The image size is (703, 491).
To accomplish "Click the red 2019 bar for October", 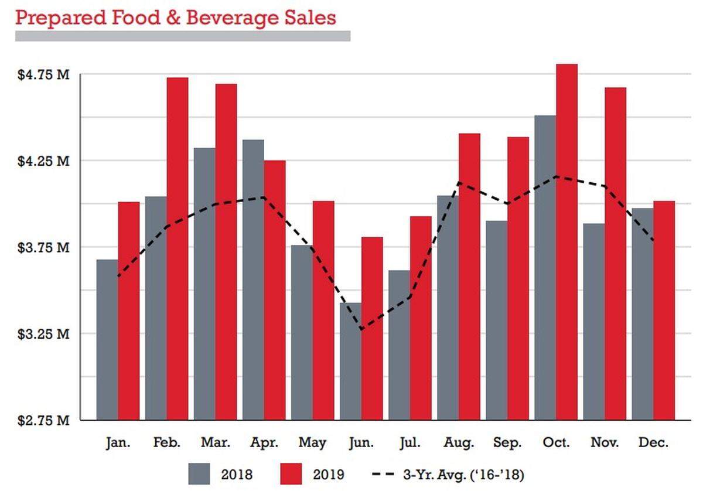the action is pos(567,242).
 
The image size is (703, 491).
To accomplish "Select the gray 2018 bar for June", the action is pos(350,362).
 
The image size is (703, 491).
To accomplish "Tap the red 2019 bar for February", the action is pos(178,248).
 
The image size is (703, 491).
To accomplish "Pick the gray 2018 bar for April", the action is pos(253,279).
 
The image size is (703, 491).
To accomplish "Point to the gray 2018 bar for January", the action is pos(107,340).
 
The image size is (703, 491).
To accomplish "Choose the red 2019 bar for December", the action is pos(664,311).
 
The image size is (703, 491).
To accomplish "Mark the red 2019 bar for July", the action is pos(421,318).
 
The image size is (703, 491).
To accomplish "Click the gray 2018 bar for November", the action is pos(594,322).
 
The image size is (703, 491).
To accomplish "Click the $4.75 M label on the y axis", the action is pos(43,75).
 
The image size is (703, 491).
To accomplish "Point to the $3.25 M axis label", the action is pos(43,334).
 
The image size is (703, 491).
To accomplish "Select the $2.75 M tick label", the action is pos(43,420).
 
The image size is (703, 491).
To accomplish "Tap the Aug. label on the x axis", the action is pos(459,443).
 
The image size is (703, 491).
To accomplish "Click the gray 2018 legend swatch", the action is pos(199,474).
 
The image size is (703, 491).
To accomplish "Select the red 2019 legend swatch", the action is pos(291,474).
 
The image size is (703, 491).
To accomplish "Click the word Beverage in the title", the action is pos(232,18).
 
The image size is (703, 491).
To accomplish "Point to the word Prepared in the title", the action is pos(61,18).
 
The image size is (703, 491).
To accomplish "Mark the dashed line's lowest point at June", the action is pos(362,330).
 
